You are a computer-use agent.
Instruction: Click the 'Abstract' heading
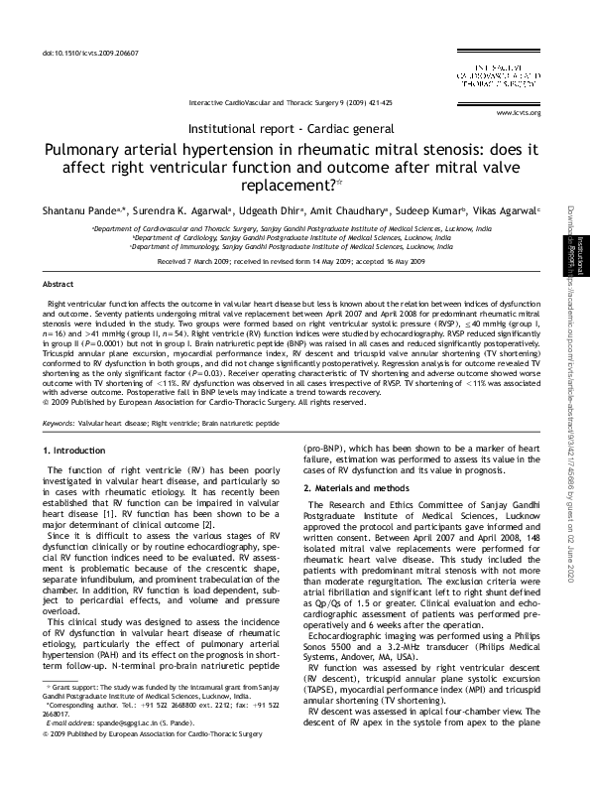point(58,283)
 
